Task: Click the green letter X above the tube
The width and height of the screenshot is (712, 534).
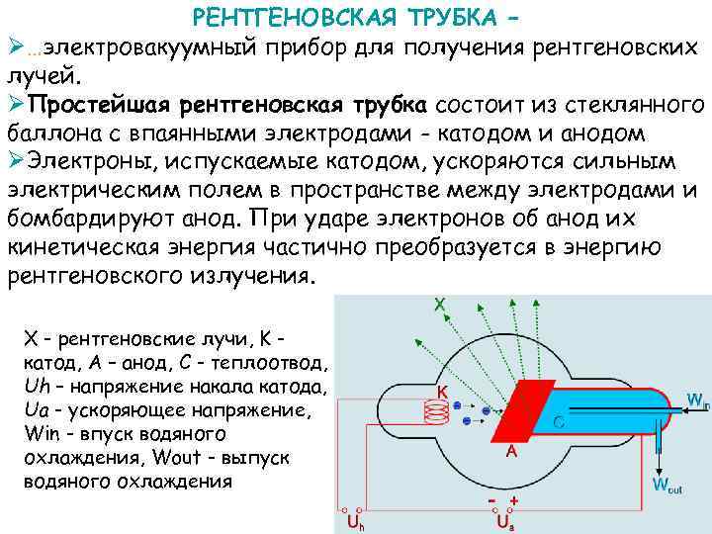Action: click(438, 306)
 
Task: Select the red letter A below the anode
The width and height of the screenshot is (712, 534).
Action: click(512, 451)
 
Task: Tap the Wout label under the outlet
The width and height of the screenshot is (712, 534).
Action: click(668, 485)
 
